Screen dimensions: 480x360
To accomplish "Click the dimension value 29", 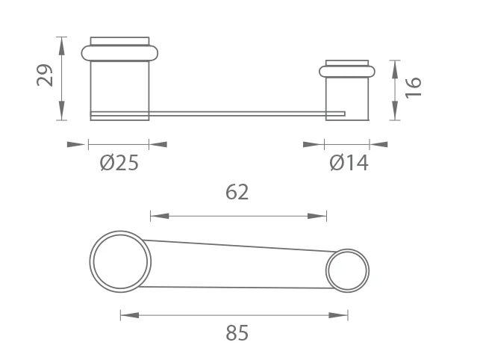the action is tap(45, 75).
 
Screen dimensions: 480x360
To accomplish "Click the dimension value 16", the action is tap(413, 87).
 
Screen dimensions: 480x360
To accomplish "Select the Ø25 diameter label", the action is tap(119, 163).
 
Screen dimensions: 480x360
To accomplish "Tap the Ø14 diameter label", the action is tap(349, 163).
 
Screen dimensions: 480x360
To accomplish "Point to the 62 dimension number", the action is tap(237, 192).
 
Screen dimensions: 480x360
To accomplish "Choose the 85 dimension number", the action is tap(237, 332).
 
